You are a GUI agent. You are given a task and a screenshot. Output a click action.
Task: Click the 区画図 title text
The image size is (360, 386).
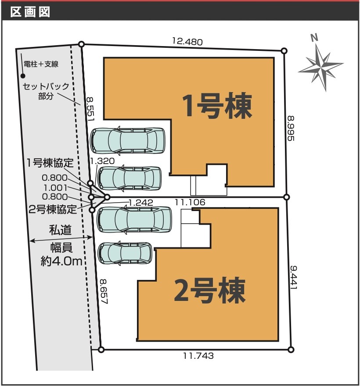(30, 12)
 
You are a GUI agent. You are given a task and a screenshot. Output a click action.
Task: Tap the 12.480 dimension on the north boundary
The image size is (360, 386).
(187, 41)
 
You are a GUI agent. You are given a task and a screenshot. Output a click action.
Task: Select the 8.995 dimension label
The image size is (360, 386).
(291, 128)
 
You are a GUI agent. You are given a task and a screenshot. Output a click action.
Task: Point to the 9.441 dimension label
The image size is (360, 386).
(293, 277)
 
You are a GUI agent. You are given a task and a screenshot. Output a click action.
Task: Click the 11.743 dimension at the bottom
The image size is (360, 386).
(198, 356)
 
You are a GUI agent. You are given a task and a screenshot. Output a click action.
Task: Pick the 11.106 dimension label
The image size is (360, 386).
(190, 202)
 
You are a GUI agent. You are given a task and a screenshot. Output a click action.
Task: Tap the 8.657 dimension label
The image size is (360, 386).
(104, 291)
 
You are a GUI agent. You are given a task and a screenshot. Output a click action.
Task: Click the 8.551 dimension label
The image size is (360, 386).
(90, 109)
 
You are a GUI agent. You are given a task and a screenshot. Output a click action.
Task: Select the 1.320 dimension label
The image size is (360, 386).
(102, 161)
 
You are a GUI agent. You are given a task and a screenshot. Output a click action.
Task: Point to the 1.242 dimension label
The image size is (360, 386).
(140, 203)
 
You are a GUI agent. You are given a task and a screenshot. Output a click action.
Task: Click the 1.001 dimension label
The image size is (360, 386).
(55, 188)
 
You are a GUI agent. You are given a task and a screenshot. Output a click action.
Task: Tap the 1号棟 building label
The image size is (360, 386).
(217, 106)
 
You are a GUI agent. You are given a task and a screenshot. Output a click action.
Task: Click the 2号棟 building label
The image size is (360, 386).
(210, 290)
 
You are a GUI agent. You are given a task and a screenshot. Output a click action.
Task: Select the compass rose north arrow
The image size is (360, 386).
(320, 64)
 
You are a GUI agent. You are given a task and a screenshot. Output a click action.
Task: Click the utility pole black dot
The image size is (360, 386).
(23, 76)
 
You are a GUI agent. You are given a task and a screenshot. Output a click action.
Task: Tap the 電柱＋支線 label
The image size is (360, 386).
(41, 64)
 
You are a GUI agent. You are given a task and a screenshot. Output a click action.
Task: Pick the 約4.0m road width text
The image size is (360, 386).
(61, 261)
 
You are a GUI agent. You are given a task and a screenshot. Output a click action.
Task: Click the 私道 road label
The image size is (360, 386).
(61, 230)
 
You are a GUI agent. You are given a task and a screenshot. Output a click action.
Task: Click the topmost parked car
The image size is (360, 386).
(128, 140)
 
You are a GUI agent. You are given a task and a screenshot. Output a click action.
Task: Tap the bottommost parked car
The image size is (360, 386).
(125, 254)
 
